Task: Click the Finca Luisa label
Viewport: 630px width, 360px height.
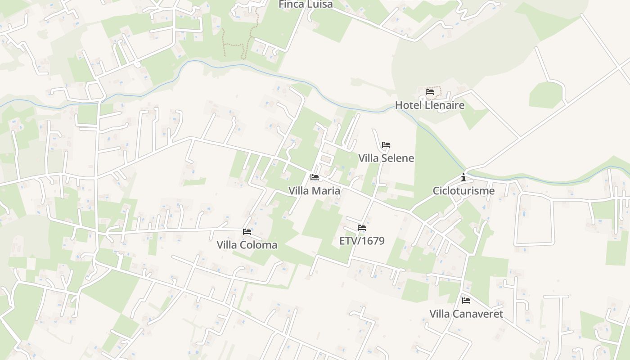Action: [x=306, y=4]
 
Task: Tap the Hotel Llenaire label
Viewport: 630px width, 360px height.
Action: [x=429, y=105]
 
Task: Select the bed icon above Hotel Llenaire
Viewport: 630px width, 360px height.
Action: [x=430, y=92]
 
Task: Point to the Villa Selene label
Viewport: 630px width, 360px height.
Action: [x=386, y=158]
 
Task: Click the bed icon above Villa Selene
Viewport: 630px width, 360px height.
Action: [x=386, y=145]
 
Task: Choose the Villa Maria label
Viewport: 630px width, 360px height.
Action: [x=314, y=191]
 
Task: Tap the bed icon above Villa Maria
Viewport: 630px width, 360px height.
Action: [x=315, y=177]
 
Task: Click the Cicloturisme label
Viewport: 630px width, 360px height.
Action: [x=463, y=191]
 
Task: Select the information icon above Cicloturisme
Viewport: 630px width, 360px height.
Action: [x=463, y=178]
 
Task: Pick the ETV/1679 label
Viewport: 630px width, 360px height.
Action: [x=362, y=241]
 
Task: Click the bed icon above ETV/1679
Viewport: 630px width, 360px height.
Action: [x=362, y=228]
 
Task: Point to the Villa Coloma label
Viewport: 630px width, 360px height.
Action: [x=247, y=245]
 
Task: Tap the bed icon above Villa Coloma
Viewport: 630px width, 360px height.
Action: [x=247, y=232]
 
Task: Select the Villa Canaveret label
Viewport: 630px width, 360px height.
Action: [x=466, y=314]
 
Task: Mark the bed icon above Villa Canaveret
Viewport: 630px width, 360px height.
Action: [x=466, y=300]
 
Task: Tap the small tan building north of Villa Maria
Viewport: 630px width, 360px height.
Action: [x=326, y=159]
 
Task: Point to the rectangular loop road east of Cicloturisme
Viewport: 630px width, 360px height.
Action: [x=535, y=243]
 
